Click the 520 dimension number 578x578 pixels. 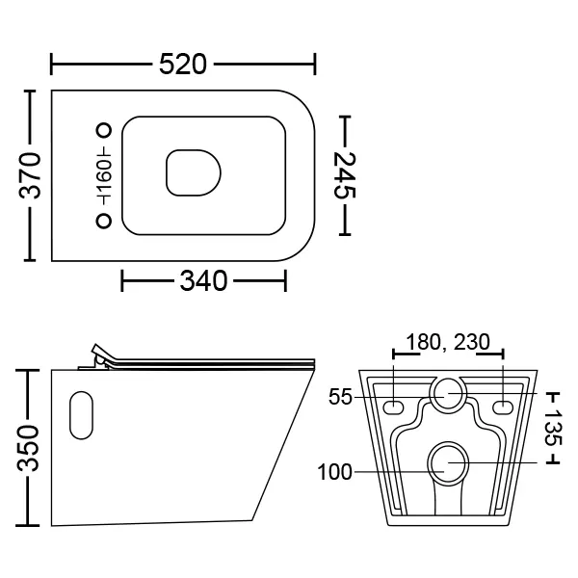pyautogui.click(x=183, y=65)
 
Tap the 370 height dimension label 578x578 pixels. pyautogui.click(x=30, y=175)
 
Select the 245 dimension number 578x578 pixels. pyautogui.click(x=345, y=175)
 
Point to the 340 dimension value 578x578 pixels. pyautogui.click(x=203, y=281)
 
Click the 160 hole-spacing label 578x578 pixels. pyautogui.click(x=104, y=175)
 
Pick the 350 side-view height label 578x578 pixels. pyautogui.click(x=28, y=448)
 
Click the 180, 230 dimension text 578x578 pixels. pyautogui.click(x=448, y=342)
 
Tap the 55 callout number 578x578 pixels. pyautogui.click(x=340, y=397)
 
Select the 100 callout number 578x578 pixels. pyautogui.click(x=334, y=472)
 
